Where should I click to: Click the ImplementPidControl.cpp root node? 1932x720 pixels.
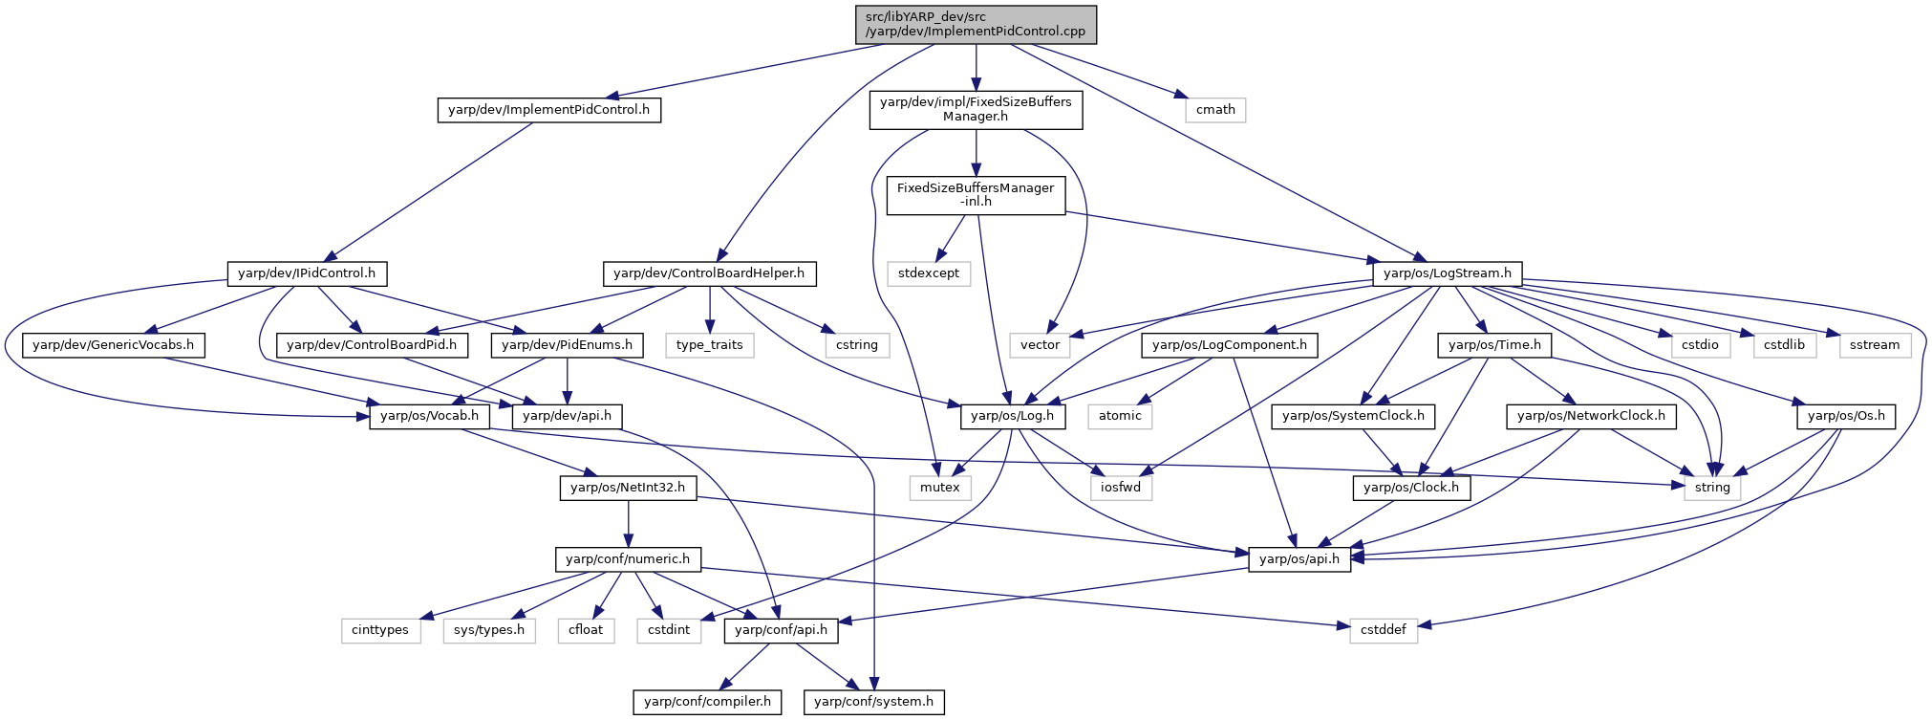click(x=976, y=24)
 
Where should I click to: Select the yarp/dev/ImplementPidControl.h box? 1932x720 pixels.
click(x=549, y=110)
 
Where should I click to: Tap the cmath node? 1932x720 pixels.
click(x=1215, y=110)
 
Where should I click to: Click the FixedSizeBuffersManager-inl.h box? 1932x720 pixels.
click(x=976, y=195)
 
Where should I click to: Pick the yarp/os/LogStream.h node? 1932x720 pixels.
click(x=1448, y=273)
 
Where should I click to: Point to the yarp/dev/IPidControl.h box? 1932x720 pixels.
click(x=307, y=273)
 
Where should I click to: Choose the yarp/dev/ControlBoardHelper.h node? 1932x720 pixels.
click(x=709, y=273)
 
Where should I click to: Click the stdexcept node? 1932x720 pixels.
click(x=929, y=273)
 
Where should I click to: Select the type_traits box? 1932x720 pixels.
click(x=709, y=345)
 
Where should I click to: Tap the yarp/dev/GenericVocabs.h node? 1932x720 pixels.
click(x=113, y=345)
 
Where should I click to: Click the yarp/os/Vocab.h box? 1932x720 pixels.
click(x=429, y=416)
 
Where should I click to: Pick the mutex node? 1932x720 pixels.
click(x=940, y=488)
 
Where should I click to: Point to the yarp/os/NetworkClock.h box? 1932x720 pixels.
click(x=1591, y=416)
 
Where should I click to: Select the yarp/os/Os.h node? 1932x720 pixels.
click(x=1846, y=416)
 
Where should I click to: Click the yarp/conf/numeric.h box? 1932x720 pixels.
click(x=628, y=559)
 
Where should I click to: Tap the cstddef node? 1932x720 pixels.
click(x=1384, y=630)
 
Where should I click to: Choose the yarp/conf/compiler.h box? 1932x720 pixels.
click(x=707, y=702)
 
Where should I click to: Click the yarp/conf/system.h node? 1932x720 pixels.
click(x=874, y=702)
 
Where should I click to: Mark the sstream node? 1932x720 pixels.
click(x=1875, y=345)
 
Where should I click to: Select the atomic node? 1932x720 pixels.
click(x=1120, y=416)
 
